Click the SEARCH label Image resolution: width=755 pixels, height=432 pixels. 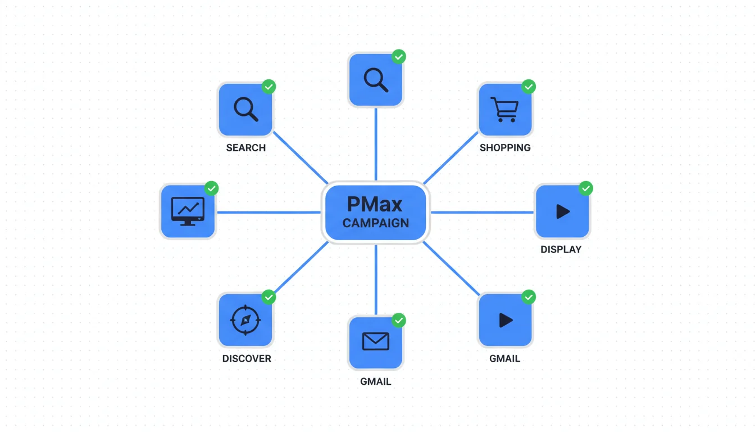(245, 148)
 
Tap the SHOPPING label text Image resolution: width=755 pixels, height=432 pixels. (505, 148)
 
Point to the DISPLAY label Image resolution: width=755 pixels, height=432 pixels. (561, 249)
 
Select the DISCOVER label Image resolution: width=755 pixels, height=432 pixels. (247, 359)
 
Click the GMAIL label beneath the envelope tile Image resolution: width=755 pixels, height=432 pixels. (375, 381)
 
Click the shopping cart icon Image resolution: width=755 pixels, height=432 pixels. (504, 109)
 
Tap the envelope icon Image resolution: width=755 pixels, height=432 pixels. (375, 341)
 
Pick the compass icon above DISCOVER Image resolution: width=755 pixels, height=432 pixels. (245, 320)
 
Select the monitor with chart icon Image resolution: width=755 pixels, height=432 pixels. (188, 211)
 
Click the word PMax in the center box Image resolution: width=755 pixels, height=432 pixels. (375, 203)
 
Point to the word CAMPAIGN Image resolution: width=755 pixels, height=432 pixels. (375, 223)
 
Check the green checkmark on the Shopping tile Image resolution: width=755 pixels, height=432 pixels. (529, 87)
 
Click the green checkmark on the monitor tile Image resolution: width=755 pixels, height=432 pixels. (211, 188)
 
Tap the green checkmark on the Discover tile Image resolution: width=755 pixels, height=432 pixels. (269, 296)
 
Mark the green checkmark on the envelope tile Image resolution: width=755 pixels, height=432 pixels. (398, 320)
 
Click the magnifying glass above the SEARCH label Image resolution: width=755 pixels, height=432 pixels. (245, 109)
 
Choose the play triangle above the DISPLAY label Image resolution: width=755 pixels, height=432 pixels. (562, 211)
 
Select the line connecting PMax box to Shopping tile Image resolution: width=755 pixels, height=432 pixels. (451, 158)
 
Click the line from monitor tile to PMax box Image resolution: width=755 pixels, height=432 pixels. (268, 212)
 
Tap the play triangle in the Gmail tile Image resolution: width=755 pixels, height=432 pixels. (506, 320)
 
